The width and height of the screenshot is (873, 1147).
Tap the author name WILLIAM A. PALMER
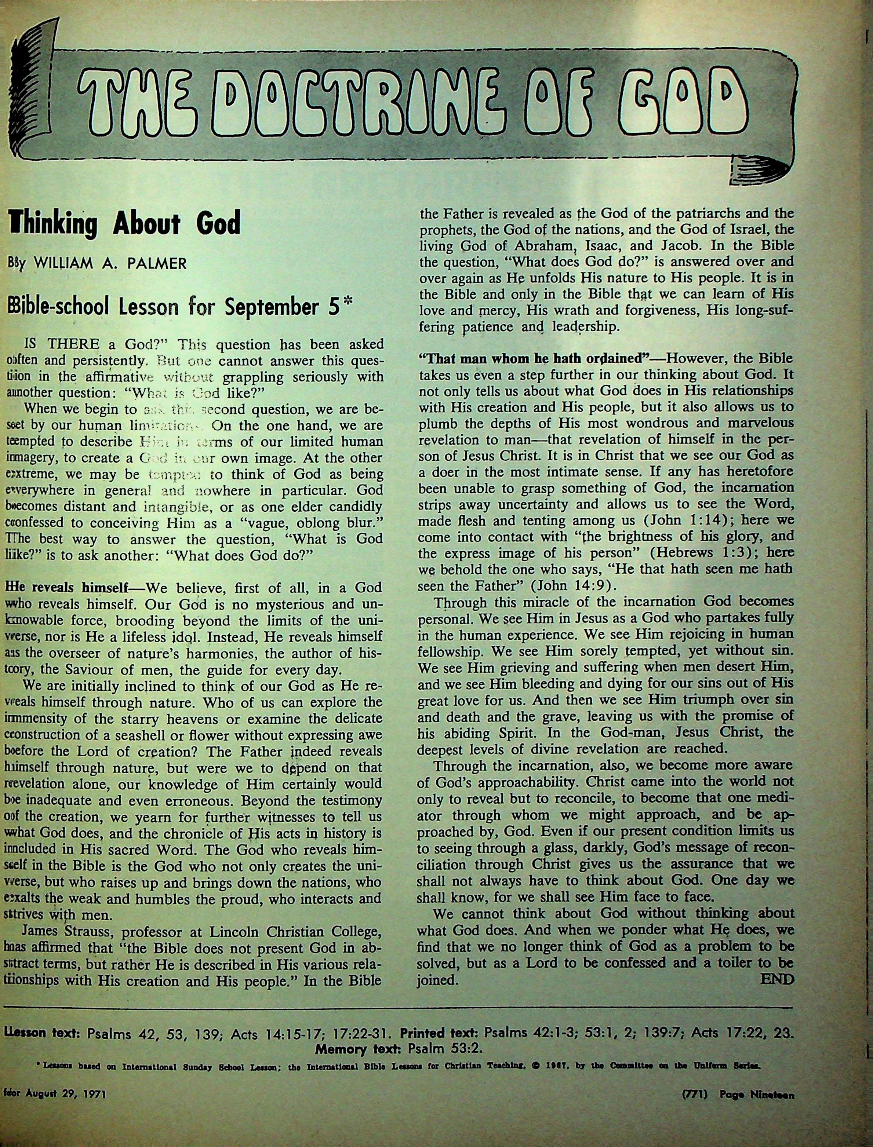pos(109,263)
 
